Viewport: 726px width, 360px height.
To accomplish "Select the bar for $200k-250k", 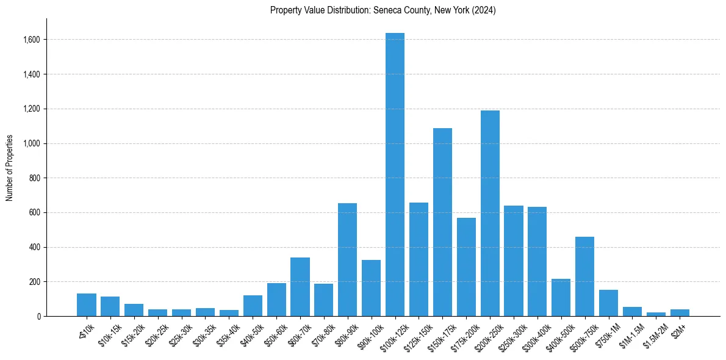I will [490, 214].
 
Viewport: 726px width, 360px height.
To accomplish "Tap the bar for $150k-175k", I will [442, 222].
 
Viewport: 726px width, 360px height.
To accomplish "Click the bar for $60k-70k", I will [300, 287].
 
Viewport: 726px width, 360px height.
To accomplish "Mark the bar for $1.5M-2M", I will [656, 314].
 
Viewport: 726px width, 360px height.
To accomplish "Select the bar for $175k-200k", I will [466, 269].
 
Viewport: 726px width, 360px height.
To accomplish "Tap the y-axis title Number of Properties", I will [10, 168].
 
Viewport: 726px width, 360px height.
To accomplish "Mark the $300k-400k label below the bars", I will [534, 336].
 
